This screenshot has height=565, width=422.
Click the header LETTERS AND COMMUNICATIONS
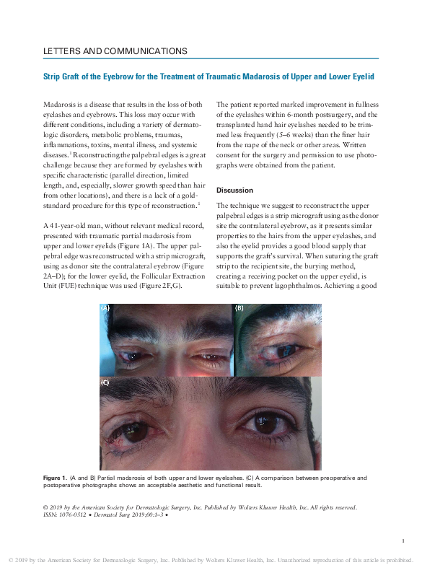(115, 51)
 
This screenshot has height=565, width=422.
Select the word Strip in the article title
(53, 76)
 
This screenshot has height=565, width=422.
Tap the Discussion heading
(234, 190)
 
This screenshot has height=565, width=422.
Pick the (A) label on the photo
(106, 308)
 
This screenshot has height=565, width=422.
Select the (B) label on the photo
(239, 308)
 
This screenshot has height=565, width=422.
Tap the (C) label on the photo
(105, 382)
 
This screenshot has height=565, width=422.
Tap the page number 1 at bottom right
(402, 540)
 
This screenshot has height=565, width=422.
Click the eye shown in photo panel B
(271, 349)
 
